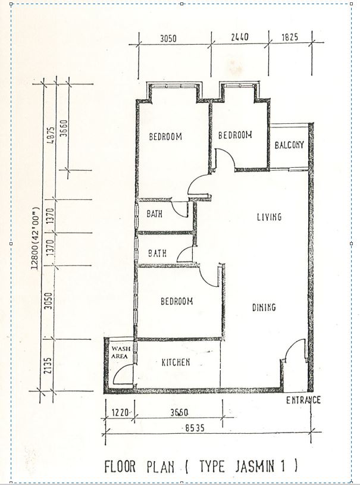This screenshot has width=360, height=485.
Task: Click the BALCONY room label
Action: coord(289,145)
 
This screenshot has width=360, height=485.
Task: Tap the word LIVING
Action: coord(270,217)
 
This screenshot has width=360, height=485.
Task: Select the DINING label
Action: coord(264,307)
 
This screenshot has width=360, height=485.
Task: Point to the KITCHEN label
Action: coord(176,362)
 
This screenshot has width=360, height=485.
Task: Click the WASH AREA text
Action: coord(120,352)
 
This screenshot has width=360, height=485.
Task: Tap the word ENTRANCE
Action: coord(303,400)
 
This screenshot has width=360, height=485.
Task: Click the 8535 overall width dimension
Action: coord(195,428)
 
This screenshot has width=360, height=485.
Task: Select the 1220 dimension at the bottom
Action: coord(120,412)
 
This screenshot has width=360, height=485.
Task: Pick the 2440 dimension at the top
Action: coord(240,37)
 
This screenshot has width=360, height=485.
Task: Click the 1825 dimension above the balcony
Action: coord(290,37)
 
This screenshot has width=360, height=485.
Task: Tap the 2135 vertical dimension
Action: coord(48,365)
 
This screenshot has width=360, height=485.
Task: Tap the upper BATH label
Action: coord(154,214)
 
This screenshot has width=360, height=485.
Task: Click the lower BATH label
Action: coord(158,254)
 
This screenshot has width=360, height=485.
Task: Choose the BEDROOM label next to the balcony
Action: coord(235,135)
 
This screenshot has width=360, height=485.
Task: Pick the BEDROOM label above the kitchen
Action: coord(177,301)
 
